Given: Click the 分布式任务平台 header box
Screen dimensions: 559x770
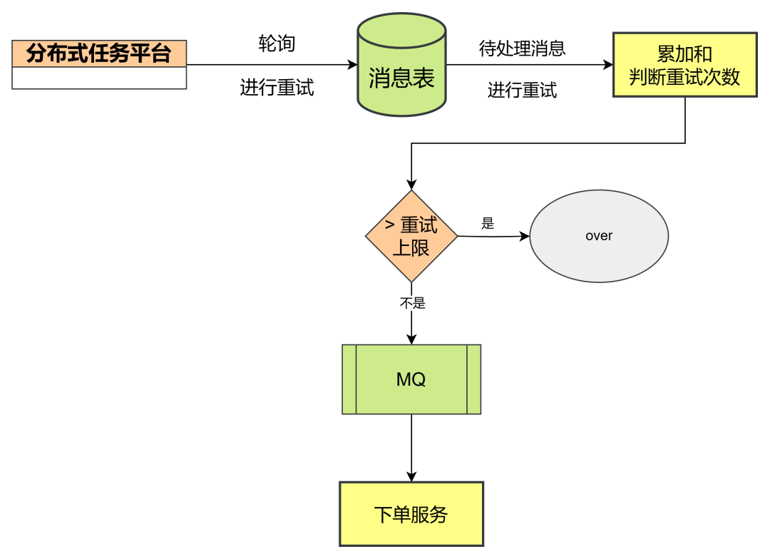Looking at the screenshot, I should [99, 53].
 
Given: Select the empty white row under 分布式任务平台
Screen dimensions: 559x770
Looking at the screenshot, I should [99, 78].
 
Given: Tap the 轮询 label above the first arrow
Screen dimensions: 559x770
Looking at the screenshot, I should [277, 43].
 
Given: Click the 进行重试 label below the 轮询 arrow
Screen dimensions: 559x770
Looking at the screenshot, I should [277, 88].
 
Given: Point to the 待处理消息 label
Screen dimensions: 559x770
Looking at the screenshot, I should [522, 48].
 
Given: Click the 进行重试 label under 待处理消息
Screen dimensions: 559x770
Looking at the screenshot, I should [522, 90].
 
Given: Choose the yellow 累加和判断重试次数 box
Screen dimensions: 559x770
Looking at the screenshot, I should [684, 65].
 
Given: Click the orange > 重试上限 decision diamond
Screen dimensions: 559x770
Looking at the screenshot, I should [411, 235].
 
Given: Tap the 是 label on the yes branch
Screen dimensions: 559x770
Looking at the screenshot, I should [488, 224].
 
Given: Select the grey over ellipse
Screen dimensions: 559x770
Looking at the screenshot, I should [599, 236].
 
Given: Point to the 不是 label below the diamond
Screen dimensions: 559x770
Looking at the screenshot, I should [412, 303].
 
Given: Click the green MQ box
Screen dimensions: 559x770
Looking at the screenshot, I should [411, 379].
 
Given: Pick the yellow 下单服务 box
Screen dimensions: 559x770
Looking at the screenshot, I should [411, 514].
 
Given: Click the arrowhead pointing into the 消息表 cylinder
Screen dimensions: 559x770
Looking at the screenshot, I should [352, 65].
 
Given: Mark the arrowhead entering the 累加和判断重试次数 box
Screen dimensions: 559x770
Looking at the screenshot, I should [608, 65].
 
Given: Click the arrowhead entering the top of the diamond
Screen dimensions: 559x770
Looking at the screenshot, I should [411, 183].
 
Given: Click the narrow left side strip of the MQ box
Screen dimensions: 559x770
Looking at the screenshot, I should [349, 379].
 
